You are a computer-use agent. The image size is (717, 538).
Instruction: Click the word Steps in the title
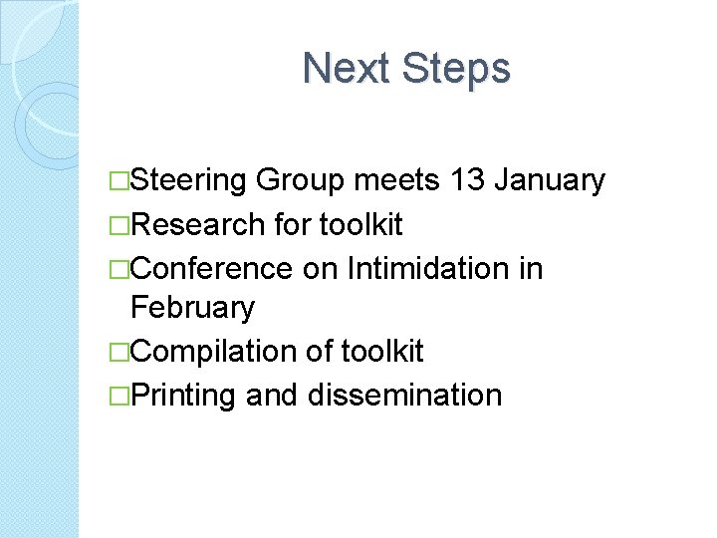click(x=457, y=68)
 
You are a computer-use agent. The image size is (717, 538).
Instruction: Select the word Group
click(x=300, y=181)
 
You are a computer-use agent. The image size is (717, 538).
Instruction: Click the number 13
click(x=468, y=181)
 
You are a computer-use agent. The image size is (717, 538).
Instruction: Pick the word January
click(x=550, y=181)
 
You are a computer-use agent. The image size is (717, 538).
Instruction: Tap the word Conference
click(x=211, y=269)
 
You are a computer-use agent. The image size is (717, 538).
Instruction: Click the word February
click(x=192, y=308)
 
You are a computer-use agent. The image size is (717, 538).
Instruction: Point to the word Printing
click(x=182, y=396)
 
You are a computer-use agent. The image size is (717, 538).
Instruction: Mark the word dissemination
click(x=404, y=396)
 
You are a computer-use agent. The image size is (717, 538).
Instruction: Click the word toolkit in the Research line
click(x=360, y=225)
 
